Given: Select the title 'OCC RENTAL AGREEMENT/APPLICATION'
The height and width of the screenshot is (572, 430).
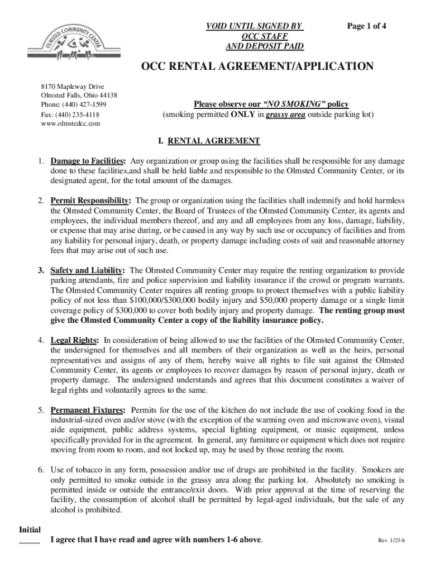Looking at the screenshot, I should pos(257,67).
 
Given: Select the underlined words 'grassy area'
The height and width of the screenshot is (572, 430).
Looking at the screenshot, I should pos(285,115).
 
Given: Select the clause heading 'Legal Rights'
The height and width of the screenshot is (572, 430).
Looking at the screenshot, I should pos(75,340).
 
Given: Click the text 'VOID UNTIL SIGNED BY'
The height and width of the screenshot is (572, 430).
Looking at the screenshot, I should pos(254,26).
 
